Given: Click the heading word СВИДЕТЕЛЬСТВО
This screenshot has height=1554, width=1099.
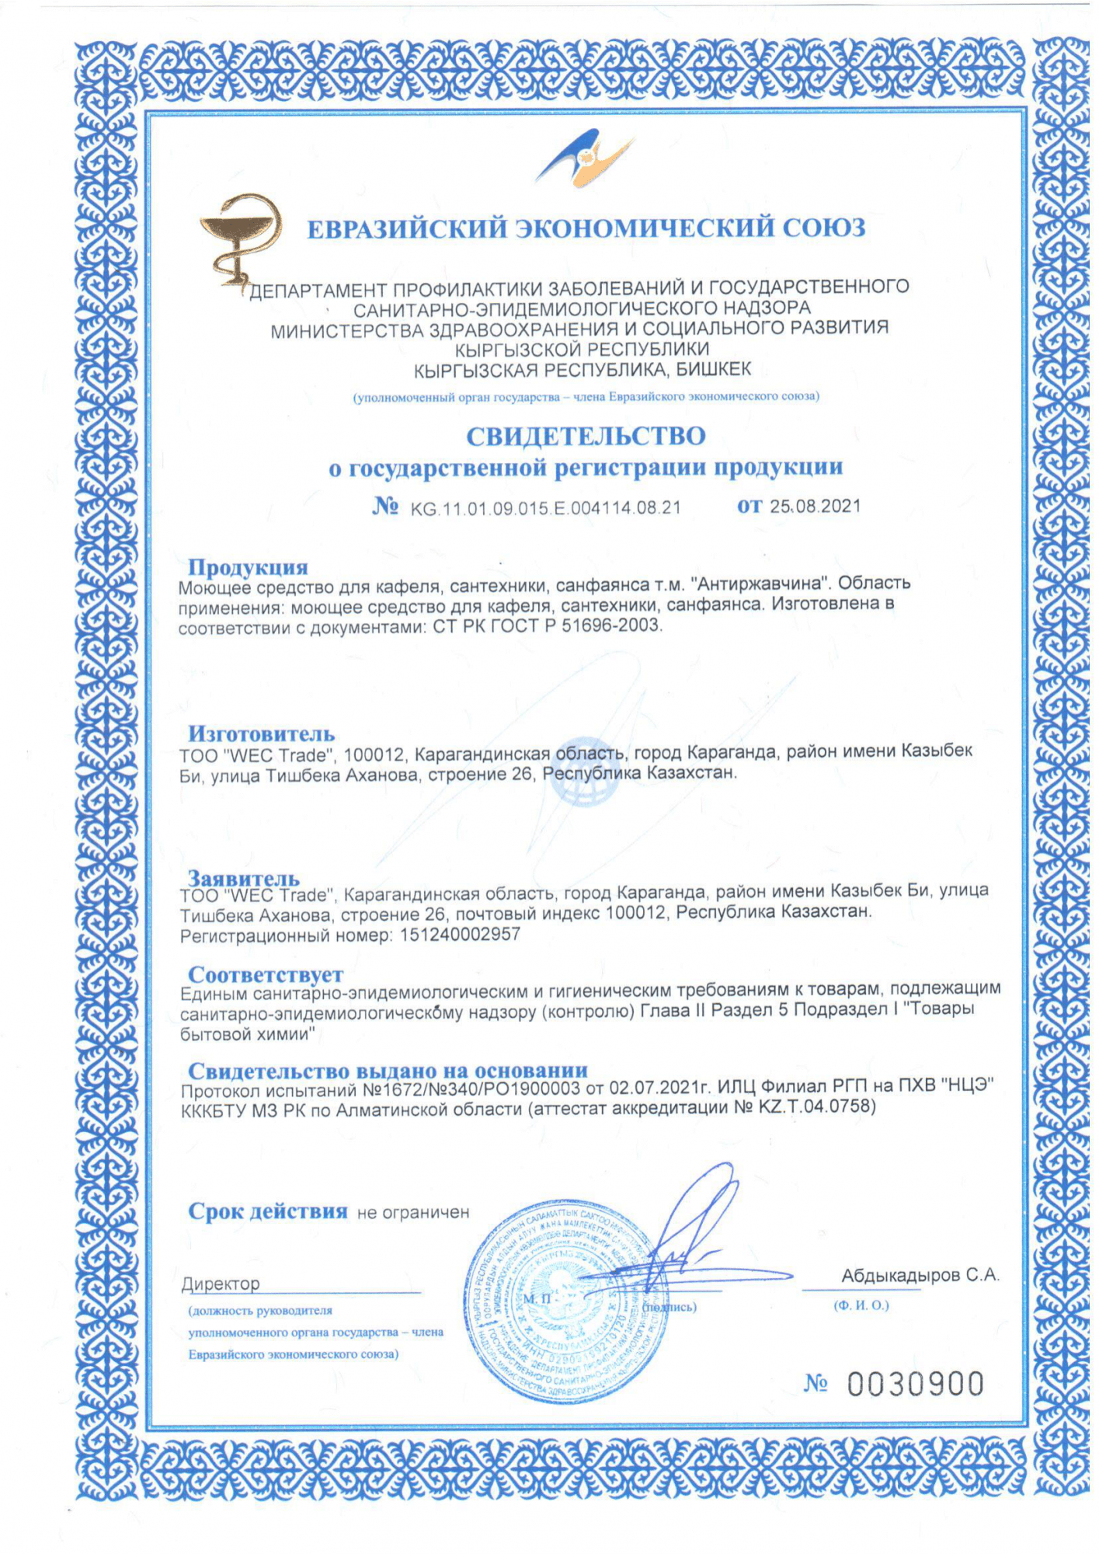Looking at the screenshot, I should tap(586, 436).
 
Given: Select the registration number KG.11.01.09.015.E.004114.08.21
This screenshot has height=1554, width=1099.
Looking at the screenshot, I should tap(545, 508).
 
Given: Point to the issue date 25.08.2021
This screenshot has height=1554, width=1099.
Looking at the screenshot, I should tap(816, 507).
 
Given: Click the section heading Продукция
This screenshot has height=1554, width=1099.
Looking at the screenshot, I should tap(248, 567).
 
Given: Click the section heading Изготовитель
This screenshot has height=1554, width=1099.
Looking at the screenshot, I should tap(261, 733).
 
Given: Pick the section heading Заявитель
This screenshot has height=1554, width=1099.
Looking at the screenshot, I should tap(244, 878).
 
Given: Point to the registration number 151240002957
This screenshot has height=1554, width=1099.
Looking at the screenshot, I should tap(460, 935).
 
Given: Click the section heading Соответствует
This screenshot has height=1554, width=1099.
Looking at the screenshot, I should tap(265, 974).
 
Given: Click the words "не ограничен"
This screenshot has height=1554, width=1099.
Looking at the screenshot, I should tap(413, 1212).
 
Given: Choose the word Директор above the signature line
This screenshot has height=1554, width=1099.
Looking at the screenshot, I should tap(221, 1284).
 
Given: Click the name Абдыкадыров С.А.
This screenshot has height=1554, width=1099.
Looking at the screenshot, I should tap(920, 1275).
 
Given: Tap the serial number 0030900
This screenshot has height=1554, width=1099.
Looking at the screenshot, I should tap(915, 1384).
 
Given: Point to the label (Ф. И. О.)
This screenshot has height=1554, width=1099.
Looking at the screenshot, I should tap(861, 1305).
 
